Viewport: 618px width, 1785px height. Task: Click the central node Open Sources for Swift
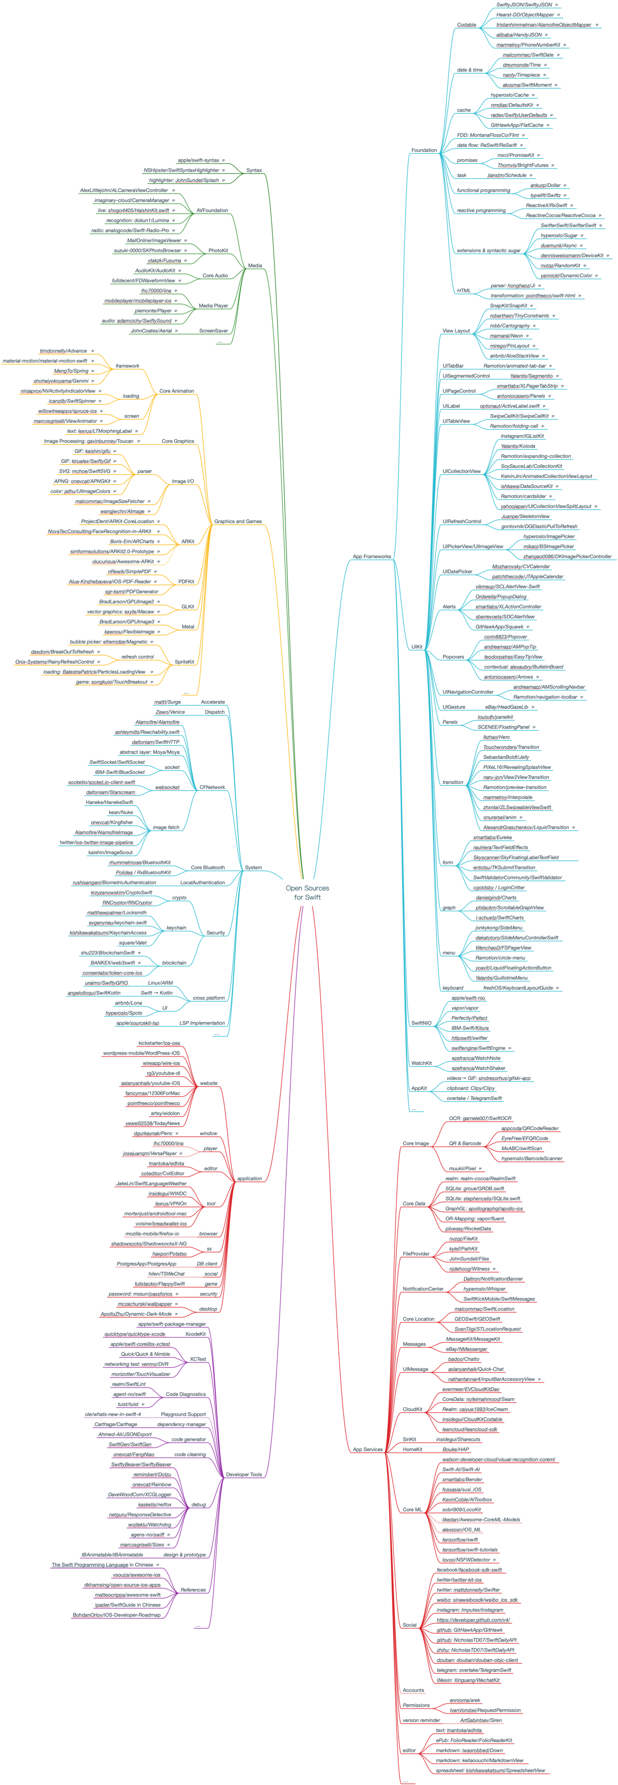click(x=308, y=892)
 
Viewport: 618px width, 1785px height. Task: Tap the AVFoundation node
click(x=212, y=210)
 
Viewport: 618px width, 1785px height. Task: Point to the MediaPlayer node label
click(x=213, y=305)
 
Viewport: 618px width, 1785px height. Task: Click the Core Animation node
click(x=177, y=391)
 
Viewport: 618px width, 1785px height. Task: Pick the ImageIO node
click(x=182, y=481)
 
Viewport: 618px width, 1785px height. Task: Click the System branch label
click(x=253, y=867)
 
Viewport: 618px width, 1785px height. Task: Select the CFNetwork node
click(x=212, y=787)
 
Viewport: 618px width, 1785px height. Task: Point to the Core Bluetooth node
click(x=208, y=867)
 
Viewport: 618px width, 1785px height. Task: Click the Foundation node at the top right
click(x=424, y=150)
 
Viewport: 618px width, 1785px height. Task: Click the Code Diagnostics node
click(x=186, y=1394)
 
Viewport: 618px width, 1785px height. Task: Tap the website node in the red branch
click(x=208, y=1083)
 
